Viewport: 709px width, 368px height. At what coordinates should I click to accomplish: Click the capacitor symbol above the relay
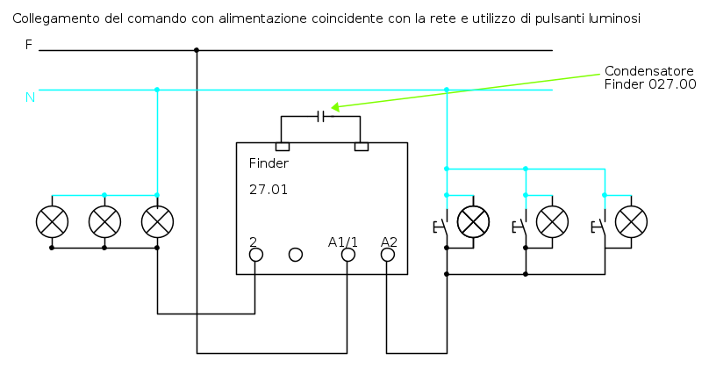point(320,116)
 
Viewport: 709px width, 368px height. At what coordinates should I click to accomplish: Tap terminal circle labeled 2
point(256,255)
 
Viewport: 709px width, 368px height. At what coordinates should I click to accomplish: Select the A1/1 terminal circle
point(347,255)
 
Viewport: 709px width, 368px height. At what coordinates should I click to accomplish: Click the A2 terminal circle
point(388,255)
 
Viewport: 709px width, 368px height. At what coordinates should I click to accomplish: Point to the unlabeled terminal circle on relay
point(295,255)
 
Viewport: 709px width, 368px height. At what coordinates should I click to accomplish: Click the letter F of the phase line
point(28,45)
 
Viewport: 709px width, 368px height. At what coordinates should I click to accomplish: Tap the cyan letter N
point(30,97)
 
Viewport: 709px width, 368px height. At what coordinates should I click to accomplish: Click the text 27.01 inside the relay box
point(269,189)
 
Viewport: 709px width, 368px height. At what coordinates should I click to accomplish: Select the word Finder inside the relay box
point(269,163)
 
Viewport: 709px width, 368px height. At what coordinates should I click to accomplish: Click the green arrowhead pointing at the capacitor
point(335,107)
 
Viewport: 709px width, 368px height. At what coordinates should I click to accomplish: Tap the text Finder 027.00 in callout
point(650,84)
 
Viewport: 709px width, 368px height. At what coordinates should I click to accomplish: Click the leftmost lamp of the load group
point(52,222)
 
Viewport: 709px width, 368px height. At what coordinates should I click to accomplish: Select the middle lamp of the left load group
point(105,222)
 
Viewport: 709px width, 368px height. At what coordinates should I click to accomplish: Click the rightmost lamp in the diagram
point(631,222)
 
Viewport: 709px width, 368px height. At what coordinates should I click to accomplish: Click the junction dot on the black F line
point(197,50)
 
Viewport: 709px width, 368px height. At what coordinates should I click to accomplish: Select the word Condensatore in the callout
point(648,71)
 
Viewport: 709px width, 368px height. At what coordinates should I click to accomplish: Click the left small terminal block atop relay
point(283,147)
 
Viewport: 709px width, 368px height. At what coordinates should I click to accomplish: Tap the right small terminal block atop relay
point(362,147)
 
